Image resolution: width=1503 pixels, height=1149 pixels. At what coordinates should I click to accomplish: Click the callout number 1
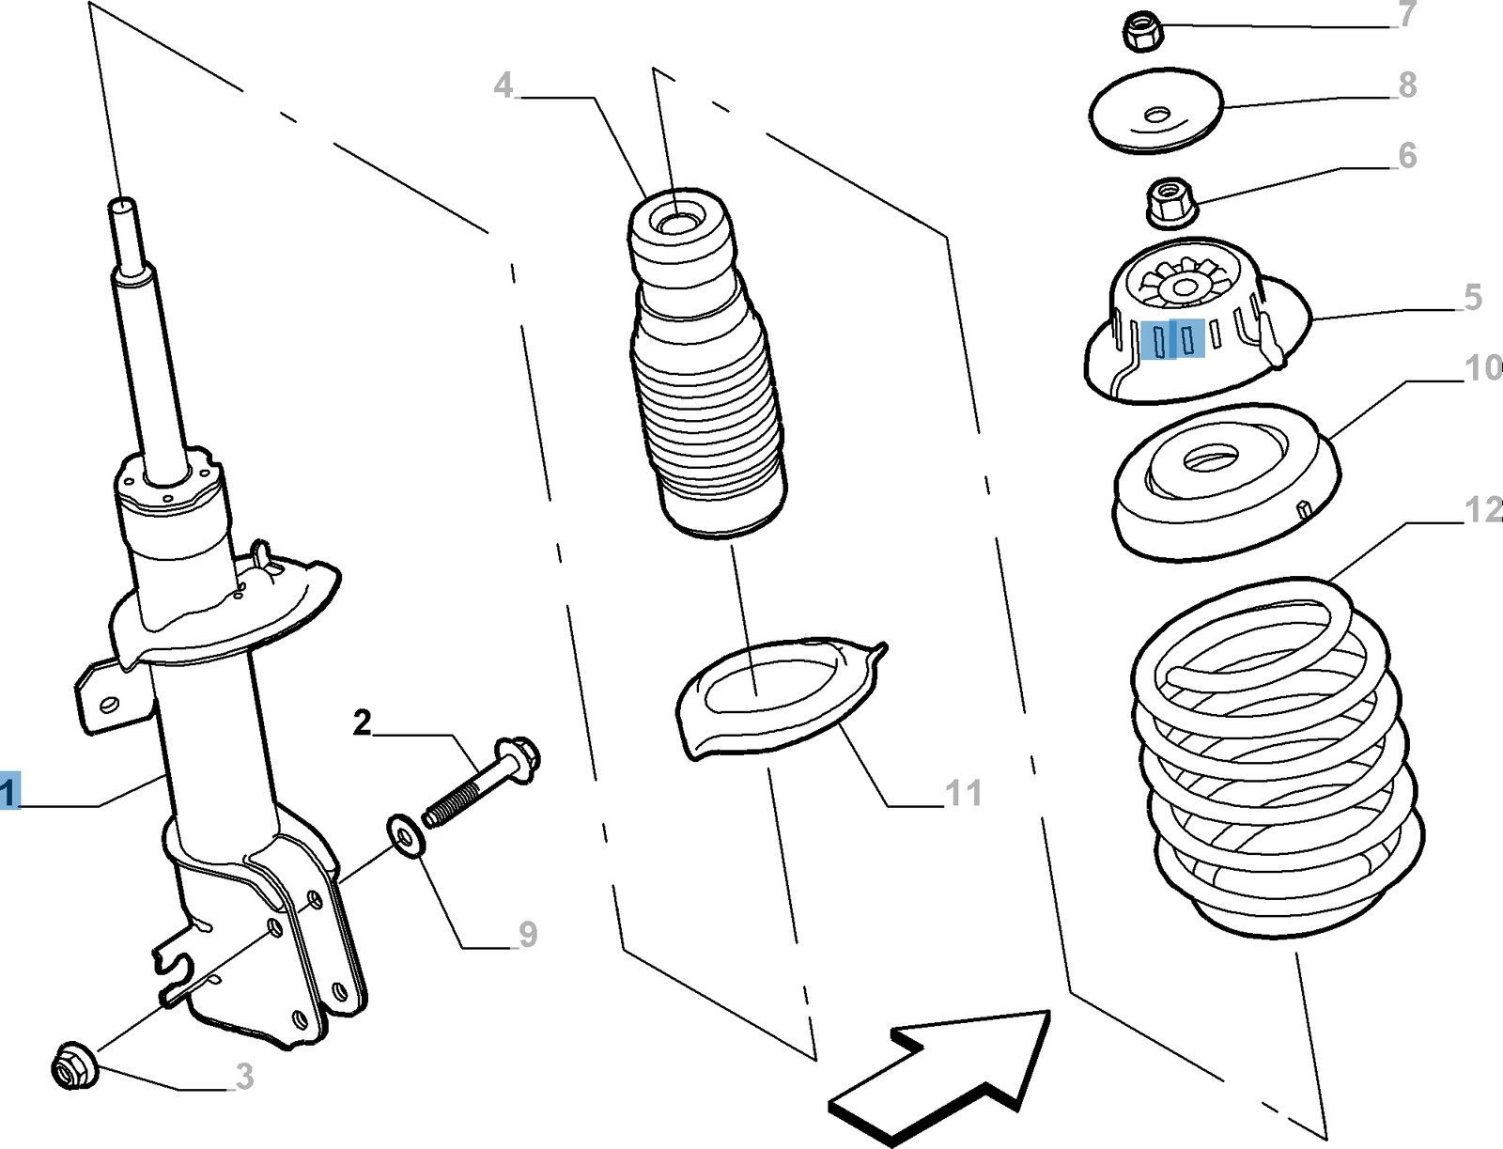pos(8,791)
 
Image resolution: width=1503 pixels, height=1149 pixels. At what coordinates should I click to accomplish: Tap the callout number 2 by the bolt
pos(363,723)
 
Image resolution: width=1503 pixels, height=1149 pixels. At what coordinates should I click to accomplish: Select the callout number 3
pos(244,1077)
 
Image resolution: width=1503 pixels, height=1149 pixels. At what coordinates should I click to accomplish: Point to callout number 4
pos(504,86)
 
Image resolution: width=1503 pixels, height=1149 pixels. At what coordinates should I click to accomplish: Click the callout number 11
pos(963,793)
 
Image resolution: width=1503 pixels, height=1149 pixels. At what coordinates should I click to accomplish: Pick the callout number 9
pos(528,934)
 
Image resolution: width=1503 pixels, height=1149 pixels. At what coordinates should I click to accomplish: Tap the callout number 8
pos(1406,85)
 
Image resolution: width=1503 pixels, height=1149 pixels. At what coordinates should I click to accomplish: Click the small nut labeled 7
pos(1143,34)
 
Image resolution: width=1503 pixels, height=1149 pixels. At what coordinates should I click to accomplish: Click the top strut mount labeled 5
pos(1193,324)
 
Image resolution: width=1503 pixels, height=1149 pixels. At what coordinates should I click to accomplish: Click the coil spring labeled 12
pos(1278,761)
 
